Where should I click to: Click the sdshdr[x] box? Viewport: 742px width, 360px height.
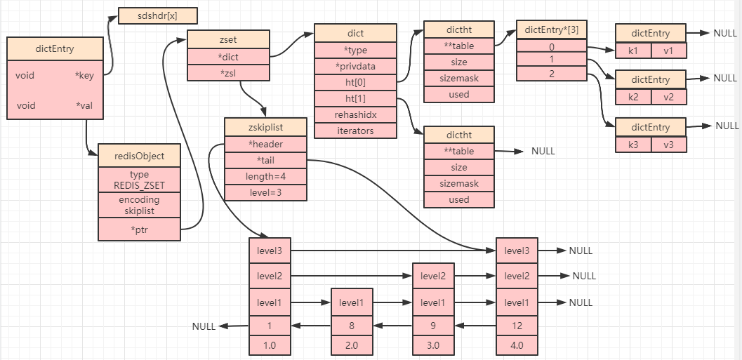157,16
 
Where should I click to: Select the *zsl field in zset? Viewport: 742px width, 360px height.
229,72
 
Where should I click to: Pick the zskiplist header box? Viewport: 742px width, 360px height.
265,127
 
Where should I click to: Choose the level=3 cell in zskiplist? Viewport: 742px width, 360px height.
265,192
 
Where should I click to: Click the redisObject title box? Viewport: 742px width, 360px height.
139,155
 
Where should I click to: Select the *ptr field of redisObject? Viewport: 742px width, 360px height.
139,229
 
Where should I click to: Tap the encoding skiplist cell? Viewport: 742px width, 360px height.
139,205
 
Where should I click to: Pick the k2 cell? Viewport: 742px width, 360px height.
633,97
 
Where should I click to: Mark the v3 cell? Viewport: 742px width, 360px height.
668,145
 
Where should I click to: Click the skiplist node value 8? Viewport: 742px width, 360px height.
351,326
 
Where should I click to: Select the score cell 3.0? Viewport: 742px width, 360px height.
433,345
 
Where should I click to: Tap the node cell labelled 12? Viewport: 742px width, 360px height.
517,326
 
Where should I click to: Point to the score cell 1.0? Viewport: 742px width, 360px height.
270,345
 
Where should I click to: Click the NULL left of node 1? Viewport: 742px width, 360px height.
204,326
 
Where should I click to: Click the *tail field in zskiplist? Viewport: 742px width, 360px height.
265,159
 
